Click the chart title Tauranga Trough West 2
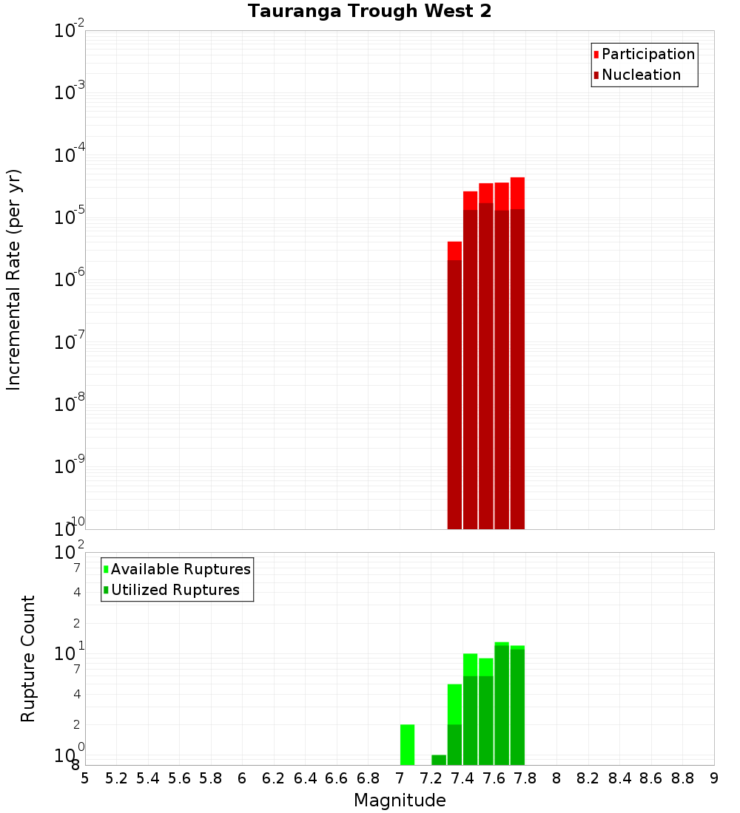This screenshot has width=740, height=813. point(369,12)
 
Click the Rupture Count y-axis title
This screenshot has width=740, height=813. point(28,658)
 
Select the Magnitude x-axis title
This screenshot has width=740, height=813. point(400,800)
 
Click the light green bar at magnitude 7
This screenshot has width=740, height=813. point(407,744)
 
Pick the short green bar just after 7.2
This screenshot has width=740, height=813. point(439,760)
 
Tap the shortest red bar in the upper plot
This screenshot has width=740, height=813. point(454,384)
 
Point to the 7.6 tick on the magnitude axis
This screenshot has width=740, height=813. point(494,778)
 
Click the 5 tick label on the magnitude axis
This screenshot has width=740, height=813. point(85,778)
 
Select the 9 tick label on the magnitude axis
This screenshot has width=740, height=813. point(714,778)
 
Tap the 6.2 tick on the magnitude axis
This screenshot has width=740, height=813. point(274,778)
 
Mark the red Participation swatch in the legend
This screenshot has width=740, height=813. point(596,54)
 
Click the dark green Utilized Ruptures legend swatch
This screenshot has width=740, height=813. point(106,590)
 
